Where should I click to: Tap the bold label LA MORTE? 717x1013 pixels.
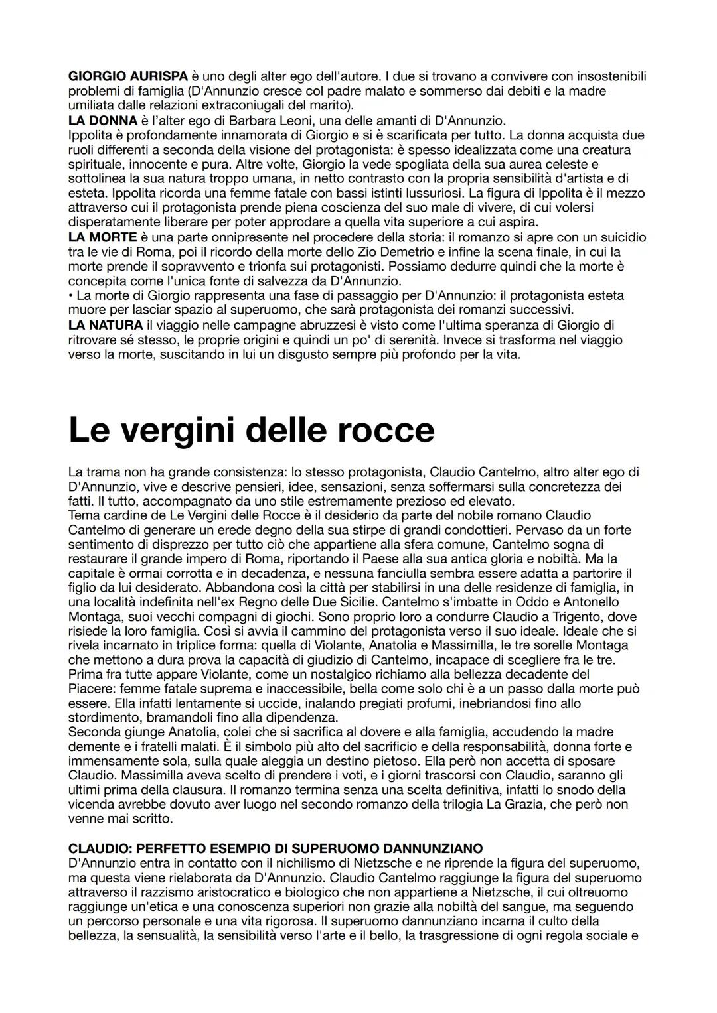[103, 237]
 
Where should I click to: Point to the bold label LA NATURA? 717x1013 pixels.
[106, 325]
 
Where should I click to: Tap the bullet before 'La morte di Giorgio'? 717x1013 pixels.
[70, 296]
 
